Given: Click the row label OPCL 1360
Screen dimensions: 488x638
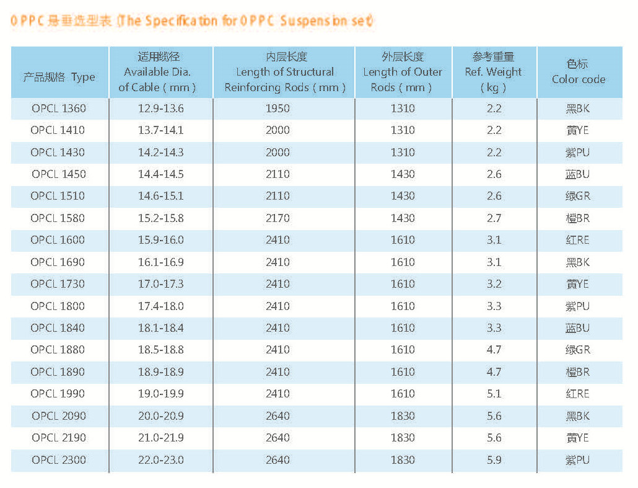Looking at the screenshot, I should tap(59, 109).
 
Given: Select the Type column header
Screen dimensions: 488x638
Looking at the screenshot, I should tap(59, 78).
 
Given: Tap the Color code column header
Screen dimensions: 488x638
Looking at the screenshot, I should tap(578, 72).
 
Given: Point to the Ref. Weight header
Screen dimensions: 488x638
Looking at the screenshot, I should tap(494, 72).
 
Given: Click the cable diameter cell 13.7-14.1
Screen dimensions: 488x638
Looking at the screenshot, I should tap(160, 130).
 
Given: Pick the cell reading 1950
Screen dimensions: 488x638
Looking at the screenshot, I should tap(277, 109).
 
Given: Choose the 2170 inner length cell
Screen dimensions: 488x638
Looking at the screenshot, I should tap(277, 218).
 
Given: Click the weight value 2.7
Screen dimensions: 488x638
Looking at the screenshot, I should tap(494, 218).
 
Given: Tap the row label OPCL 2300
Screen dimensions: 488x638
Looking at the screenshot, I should tap(59, 460).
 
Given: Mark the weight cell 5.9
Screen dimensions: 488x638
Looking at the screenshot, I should tap(494, 460).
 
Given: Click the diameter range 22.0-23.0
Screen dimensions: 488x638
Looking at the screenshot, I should tap(160, 460).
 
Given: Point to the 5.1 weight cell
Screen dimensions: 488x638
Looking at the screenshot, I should tap(494, 394).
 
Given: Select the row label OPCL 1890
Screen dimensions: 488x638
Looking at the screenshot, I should tap(59, 372).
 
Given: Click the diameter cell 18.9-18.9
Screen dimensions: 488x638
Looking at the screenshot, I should tap(160, 372).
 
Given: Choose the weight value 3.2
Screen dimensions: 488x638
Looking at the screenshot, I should tap(494, 284).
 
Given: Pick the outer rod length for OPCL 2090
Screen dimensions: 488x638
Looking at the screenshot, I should tap(403, 416).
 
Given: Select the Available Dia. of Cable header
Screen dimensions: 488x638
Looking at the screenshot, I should tap(160, 72).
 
